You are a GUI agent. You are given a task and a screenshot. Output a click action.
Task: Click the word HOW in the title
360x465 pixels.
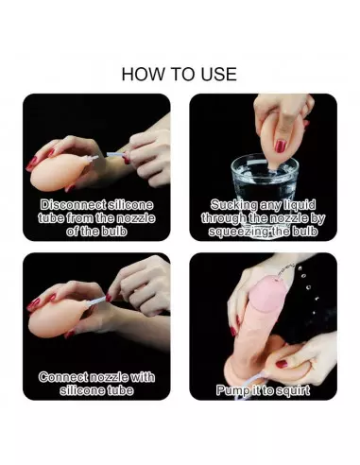[x=143, y=74]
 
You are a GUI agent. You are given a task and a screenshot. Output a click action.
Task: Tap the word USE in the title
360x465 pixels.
[x=219, y=74]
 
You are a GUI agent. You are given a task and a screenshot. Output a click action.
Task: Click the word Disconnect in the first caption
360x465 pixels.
[x=73, y=205]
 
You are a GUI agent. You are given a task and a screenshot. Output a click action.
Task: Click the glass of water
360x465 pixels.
[x=265, y=189]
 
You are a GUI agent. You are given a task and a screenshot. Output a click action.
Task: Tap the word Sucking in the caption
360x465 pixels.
[x=233, y=205]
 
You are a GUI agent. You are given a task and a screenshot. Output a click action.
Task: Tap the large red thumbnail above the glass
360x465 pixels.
[x=281, y=146]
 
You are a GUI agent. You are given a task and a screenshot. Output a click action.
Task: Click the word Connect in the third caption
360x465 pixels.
[x=63, y=377]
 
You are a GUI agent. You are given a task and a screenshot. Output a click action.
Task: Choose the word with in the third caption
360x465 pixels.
[x=143, y=377]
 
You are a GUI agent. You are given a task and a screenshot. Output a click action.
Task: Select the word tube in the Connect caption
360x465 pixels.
[x=120, y=390]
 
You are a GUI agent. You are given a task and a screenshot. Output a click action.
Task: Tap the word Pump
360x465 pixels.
[x=230, y=390]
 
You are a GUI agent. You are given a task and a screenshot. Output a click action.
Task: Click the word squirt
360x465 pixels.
[x=293, y=390]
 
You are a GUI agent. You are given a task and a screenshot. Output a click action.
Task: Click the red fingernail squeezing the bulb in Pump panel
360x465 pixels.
[x=282, y=364]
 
